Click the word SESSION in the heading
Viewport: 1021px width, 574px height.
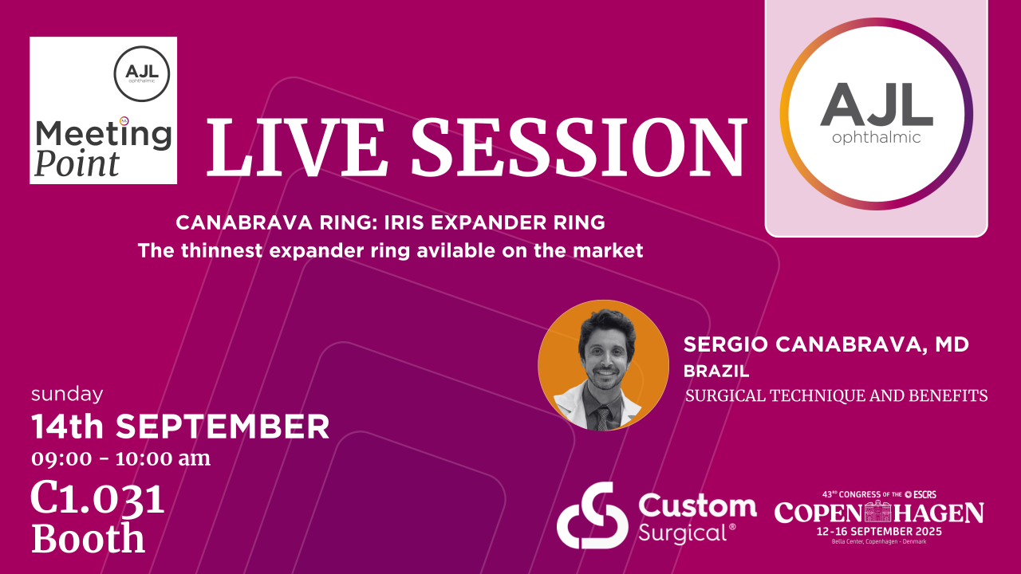[x=579, y=147]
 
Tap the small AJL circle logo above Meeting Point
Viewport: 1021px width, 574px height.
[x=142, y=73]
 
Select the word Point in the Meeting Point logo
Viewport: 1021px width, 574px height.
[x=77, y=163]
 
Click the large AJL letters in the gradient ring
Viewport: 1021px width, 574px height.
[x=876, y=104]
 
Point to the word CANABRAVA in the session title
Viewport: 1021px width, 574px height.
[x=244, y=222]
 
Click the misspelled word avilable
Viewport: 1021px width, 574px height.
[x=455, y=250]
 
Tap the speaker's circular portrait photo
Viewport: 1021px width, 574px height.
[x=604, y=365]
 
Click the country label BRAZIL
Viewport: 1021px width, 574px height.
[x=716, y=372]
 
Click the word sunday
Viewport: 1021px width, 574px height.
[x=67, y=394]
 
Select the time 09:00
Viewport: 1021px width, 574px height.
[x=61, y=458]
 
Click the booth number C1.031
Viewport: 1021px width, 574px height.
[x=97, y=500]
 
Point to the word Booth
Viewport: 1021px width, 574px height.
[x=88, y=538]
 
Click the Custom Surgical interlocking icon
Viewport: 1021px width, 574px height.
[x=592, y=515]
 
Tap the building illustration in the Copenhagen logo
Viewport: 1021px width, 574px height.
[x=878, y=511]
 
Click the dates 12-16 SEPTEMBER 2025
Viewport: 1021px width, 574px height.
[x=879, y=531]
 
